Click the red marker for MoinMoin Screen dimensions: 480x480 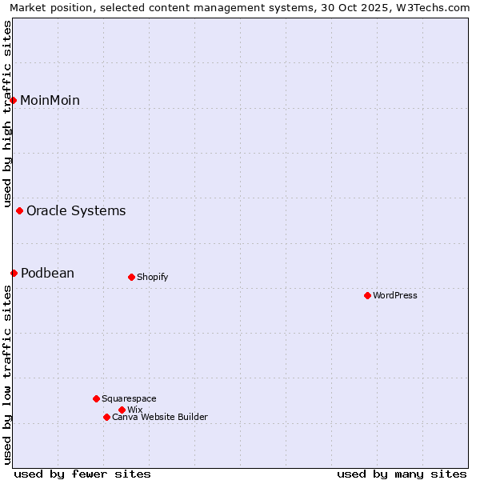[x=14, y=100]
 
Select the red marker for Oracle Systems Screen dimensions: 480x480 [x=20, y=211]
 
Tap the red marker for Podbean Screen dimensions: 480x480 [x=14, y=274]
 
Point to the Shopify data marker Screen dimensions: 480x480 [x=131, y=278]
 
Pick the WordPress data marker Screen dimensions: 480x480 [x=367, y=296]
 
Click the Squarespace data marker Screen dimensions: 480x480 [x=96, y=398]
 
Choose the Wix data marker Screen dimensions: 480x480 [x=122, y=410]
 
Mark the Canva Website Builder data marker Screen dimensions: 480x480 [x=106, y=418]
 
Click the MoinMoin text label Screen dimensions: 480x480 [x=50, y=100]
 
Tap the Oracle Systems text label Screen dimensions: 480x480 [x=76, y=211]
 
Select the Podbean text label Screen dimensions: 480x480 [x=47, y=274]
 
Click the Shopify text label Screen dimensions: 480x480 [x=152, y=278]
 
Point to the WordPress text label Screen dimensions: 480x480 [x=395, y=296]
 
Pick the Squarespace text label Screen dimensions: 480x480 [x=129, y=398]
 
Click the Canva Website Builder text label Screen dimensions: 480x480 [x=160, y=418]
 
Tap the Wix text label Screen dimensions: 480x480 [x=134, y=410]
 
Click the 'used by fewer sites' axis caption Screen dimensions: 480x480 [x=82, y=474]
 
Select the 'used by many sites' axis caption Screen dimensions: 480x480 [x=402, y=474]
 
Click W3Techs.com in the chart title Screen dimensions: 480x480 [x=435, y=7]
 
